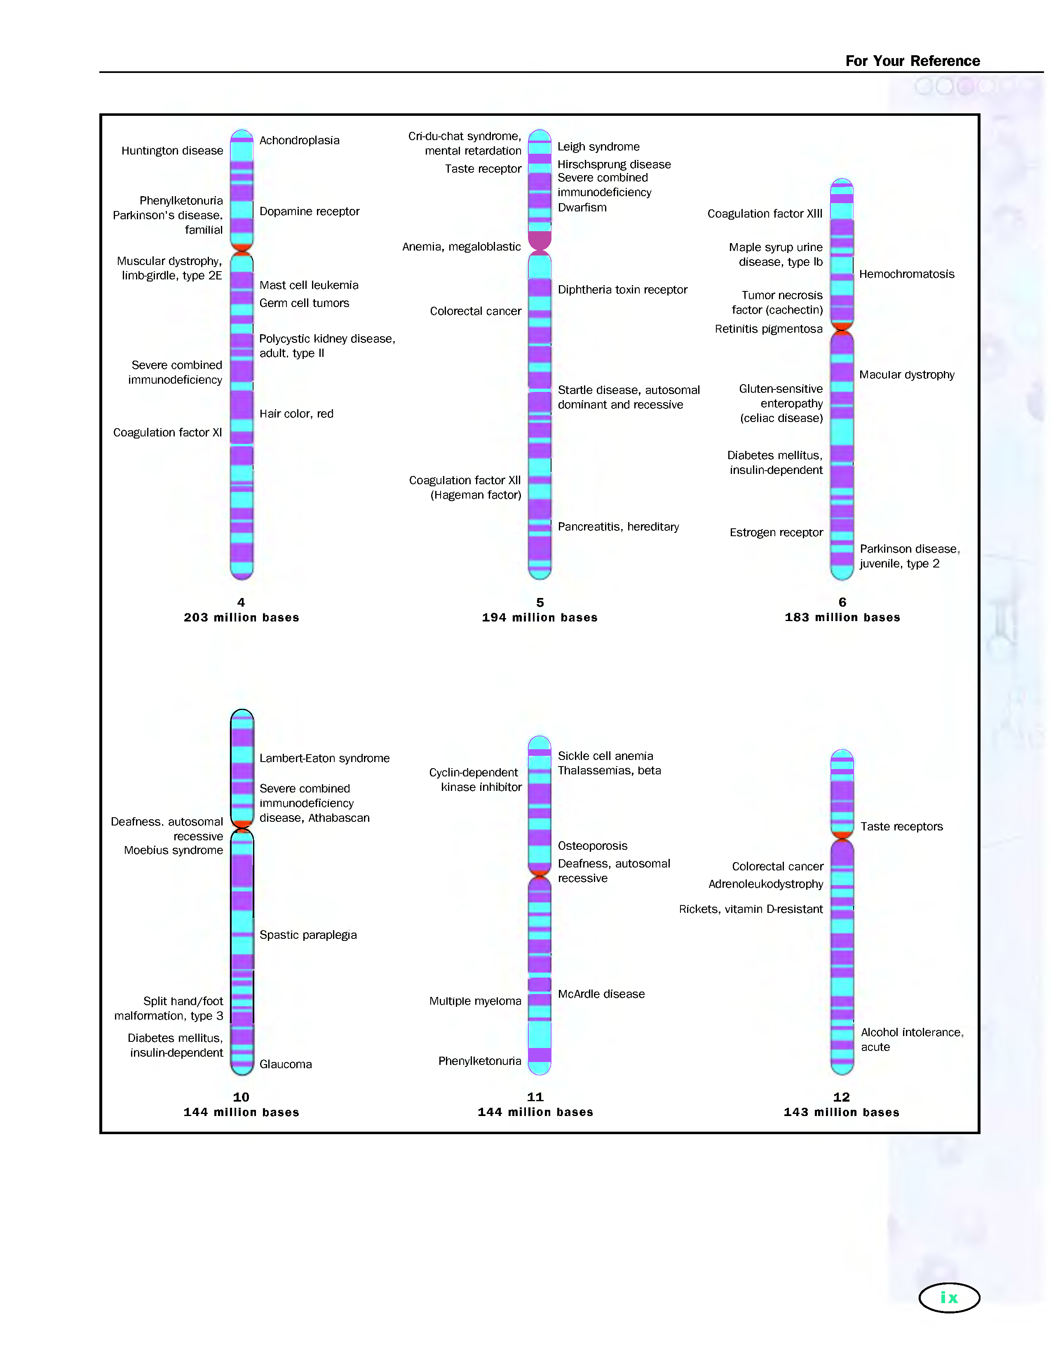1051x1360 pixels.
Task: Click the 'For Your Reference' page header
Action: pos(912,61)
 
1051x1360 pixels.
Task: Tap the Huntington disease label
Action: pos(172,151)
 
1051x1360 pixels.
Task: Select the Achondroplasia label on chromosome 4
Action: pos(299,141)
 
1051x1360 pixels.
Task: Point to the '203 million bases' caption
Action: pos(241,617)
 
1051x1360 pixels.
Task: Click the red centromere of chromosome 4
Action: pos(242,248)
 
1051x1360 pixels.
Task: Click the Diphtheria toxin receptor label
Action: pos(622,290)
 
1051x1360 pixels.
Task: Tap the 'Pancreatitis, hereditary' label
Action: pos(618,527)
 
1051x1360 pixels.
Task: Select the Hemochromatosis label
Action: pos(906,274)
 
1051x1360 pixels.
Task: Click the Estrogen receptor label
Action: pos(776,532)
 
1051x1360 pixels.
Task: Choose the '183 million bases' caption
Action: pos(842,617)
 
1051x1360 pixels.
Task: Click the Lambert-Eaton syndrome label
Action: pos(324,758)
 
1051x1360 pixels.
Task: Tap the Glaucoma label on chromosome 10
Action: pos(285,1064)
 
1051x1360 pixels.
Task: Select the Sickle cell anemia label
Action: pos(605,756)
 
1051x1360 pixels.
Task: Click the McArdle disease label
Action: pos(601,994)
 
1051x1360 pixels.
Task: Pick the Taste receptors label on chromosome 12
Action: pos(901,826)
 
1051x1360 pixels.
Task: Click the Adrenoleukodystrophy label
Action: pos(765,884)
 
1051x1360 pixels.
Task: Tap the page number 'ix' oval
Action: pos(948,1298)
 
